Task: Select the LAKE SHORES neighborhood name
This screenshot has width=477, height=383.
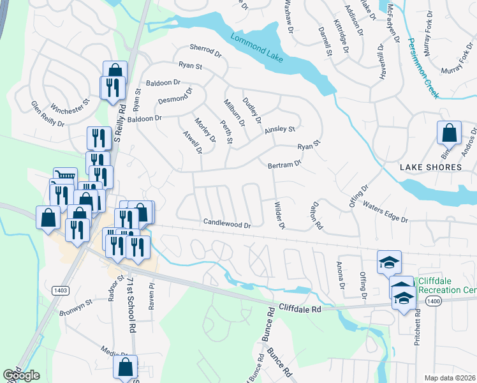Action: pos(430,167)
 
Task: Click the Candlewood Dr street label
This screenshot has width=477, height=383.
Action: pos(228,224)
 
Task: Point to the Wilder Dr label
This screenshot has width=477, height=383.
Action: pos(278,216)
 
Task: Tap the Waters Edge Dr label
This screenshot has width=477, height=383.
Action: pos(385,211)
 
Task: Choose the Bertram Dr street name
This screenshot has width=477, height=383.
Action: pos(284,164)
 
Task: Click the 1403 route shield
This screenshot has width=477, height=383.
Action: pos(61,290)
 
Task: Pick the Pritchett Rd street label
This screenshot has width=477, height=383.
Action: pos(418,327)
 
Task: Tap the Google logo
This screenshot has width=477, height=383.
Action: pos(21,375)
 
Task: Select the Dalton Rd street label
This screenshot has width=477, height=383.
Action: pos(316,216)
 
